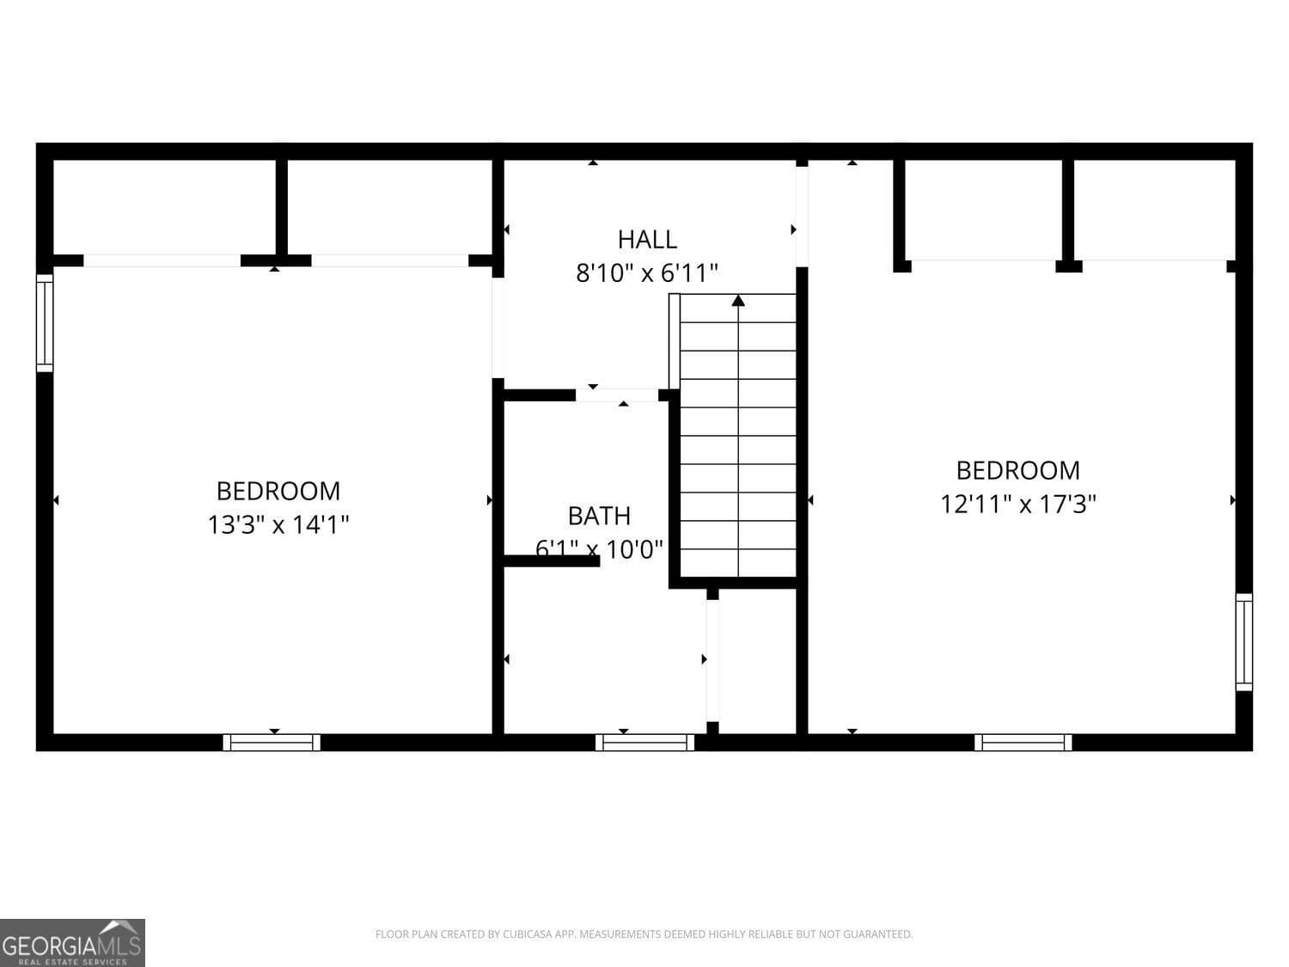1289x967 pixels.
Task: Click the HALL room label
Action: coord(647,239)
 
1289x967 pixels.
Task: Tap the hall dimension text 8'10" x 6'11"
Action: coord(647,273)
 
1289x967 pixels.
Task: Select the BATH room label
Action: coord(599,516)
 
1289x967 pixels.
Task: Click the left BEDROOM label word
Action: coord(278,491)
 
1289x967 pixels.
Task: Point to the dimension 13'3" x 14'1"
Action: coord(278,524)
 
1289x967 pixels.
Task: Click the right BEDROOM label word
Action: coord(1017,470)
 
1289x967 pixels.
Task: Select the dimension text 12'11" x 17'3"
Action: coord(1017,504)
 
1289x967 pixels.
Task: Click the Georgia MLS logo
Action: coord(72,943)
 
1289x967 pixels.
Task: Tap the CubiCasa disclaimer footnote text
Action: coord(644,934)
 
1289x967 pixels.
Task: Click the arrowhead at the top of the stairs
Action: coord(738,300)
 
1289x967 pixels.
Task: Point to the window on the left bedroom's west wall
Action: coord(45,322)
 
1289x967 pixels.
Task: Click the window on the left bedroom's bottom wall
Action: coord(272,743)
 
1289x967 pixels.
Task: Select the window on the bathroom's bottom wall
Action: coord(644,743)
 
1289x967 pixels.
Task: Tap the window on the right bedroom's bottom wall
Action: coord(1023,743)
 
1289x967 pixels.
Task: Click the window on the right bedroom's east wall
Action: coord(1243,642)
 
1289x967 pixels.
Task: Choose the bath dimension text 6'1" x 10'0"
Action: coord(599,548)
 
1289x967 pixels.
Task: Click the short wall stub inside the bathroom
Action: coord(551,561)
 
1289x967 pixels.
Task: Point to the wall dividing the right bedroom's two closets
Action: coord(1068,211)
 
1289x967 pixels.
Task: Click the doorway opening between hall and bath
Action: coord(616,395)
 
